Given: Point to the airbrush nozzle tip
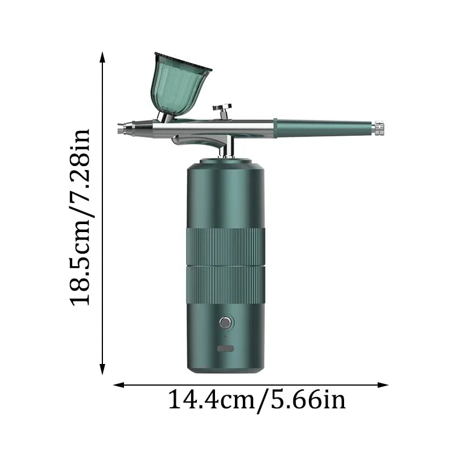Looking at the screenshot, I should [121, 128].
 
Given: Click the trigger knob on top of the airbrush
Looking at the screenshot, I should [222, 107].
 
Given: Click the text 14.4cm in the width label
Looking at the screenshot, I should [210, 400].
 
